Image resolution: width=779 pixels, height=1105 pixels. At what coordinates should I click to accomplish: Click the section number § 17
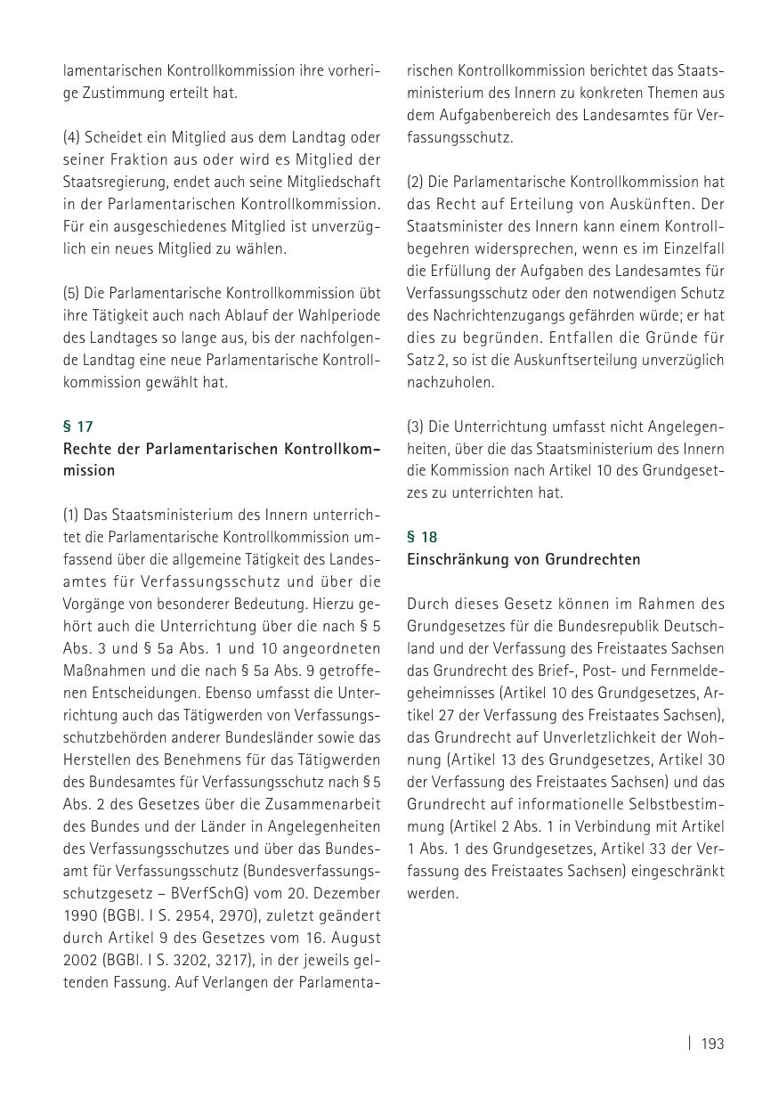point(77,427)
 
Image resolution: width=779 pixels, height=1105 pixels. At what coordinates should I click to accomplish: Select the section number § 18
point(422,537)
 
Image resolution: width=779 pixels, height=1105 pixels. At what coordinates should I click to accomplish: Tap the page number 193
point(712,1044)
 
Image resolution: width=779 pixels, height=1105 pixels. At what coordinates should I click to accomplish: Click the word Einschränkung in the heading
point(453,560)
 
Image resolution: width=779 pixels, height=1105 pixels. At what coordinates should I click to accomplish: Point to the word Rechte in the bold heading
point(85,450)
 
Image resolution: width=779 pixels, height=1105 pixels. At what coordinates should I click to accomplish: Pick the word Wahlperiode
point(341,315)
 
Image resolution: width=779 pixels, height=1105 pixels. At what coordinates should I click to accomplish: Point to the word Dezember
point(346,893)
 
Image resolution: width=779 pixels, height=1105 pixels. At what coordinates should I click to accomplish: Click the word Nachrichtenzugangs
point(498,315)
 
